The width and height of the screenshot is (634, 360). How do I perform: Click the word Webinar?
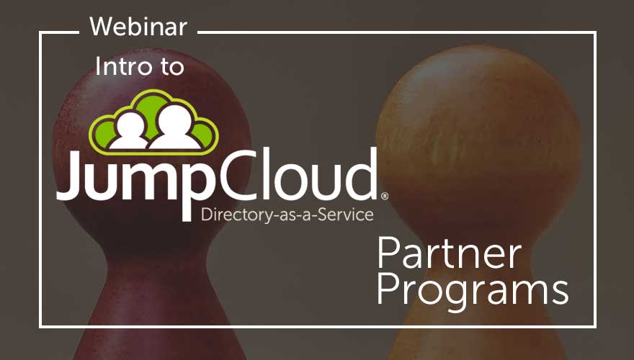click(138, 27)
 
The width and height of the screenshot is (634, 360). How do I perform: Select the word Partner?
click(450, 253)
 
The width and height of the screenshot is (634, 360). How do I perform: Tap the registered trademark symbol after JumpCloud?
click(385, 197)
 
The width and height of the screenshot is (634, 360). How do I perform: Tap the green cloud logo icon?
click(153, 122)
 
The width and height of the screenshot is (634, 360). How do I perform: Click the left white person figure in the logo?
click(130, 131)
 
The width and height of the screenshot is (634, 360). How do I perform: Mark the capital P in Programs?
click(389, 289)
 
